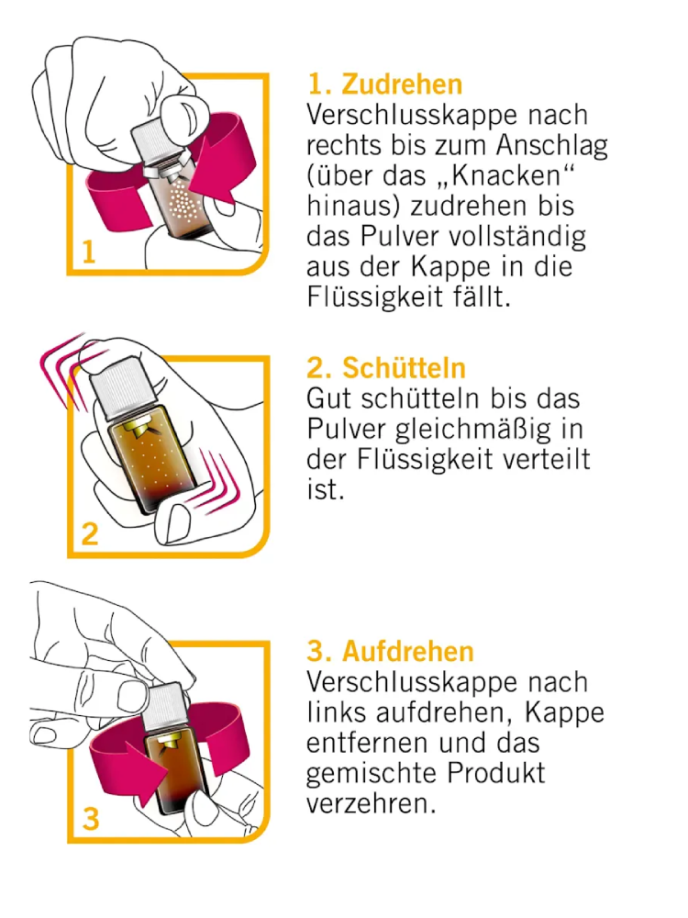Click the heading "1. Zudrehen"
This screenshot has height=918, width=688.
pyautogui.click(x=385, y=84)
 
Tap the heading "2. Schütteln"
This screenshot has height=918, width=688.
pyautogui.click(x=386, y=368)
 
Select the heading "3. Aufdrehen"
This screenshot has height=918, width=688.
pyautogui.click(x=390, y=651)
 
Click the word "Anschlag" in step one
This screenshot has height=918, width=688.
pyautogui.click(x=551, y=146)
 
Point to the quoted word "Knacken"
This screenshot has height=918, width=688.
pyautogui.click(x=506, y=175)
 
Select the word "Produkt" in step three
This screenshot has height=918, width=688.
pyautogui.click(x=496, y=773)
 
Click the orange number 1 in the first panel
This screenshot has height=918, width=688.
pyautogui.click(x=88, y=252)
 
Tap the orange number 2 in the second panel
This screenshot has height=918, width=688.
pyautogui.click(x=90, y=534)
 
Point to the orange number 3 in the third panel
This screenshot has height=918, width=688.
pyautogui.click(x=91, y=819)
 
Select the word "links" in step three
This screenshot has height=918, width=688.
pyautogui.click(x=336, y=712)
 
